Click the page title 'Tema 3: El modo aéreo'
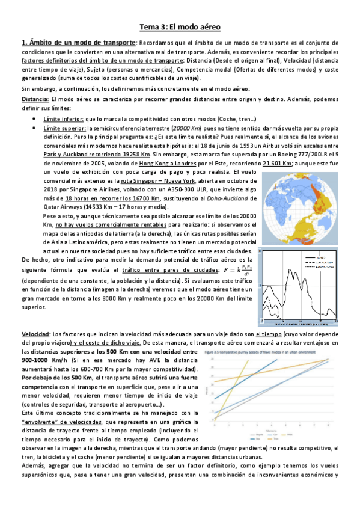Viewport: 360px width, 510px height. (180, 27)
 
